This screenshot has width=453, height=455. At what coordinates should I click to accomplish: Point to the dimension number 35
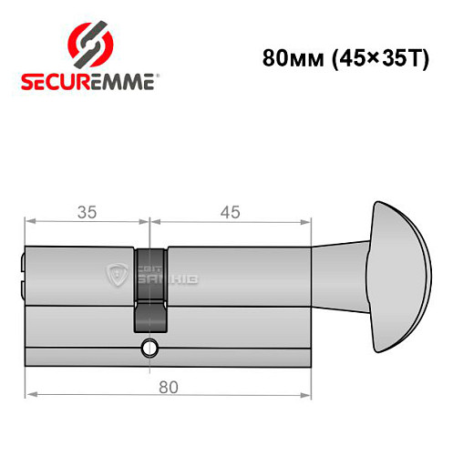(87, 212)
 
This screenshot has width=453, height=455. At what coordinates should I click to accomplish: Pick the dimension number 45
(230, 212)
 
